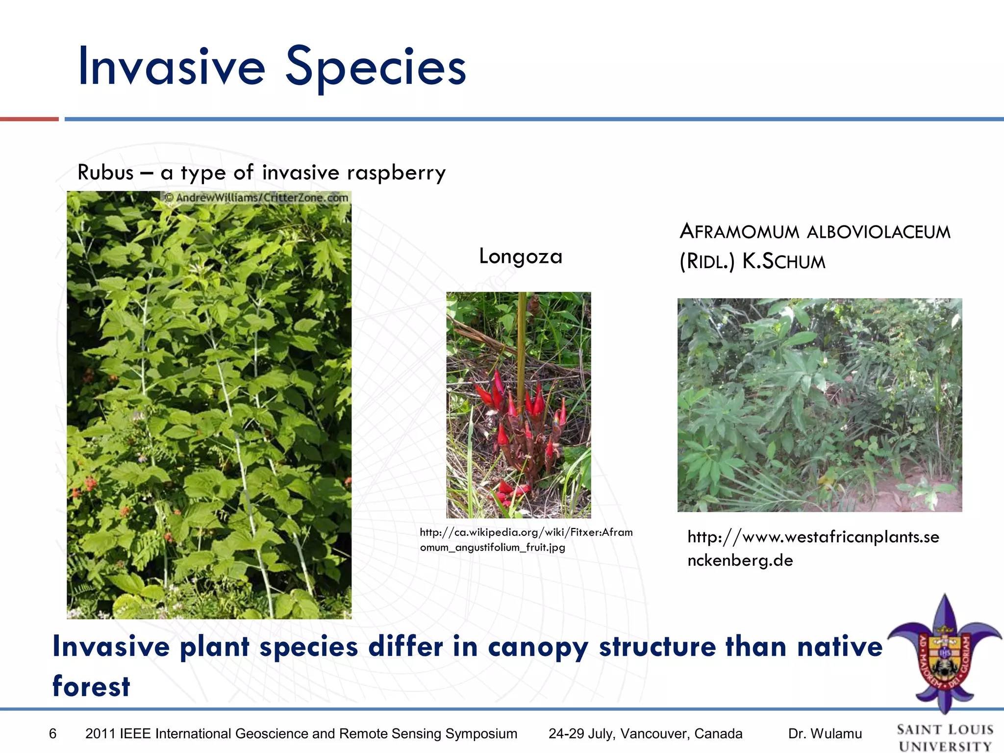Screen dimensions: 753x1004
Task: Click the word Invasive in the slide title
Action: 172,66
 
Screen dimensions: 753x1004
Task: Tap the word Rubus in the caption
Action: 105,173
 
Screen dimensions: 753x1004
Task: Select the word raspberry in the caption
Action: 396,173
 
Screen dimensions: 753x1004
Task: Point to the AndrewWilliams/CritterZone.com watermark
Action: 256,198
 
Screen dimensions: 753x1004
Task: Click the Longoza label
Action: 521,256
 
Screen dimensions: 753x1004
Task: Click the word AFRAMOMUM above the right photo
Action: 739,231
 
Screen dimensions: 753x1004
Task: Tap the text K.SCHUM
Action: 783,261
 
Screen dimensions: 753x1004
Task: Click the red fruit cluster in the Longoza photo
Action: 520,417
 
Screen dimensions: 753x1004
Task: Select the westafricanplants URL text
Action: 813,548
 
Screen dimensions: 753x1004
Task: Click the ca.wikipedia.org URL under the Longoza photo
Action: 526,539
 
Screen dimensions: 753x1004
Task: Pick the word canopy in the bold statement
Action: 538,647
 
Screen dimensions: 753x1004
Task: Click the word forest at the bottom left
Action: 91,686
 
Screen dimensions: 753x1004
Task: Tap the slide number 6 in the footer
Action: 53,734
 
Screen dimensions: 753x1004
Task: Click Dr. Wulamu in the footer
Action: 825,734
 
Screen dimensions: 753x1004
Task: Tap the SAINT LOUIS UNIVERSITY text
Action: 945,737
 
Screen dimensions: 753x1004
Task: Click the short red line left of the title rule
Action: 29,119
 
